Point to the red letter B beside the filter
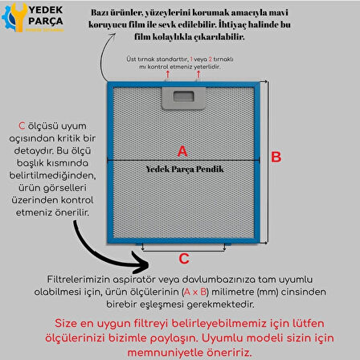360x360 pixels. [276, 157]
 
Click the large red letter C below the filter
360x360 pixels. [183, 259]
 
